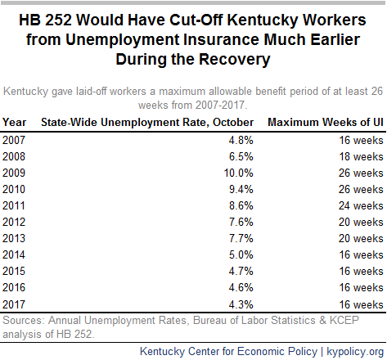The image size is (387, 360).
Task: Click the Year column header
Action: [x=15, y=122]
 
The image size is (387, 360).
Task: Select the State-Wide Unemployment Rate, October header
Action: [x=147, y=123]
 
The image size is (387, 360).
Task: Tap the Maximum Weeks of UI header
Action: [x=326, y=122]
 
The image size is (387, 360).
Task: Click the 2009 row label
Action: [x=14, y=173]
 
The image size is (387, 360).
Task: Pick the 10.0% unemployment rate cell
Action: [x=239, y=173]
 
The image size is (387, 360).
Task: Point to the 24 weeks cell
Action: [x=361, y=205]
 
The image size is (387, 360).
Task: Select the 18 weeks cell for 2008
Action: [x=361, y=156]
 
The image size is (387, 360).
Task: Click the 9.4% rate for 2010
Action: [x=241, y=189]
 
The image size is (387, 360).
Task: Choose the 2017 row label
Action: [x=14, y=304]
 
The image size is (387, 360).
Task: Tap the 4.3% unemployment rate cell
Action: [x=241, y=304]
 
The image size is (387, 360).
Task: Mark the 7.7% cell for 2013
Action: [x=241, y=238]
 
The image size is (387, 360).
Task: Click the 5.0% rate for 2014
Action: [x=241, y=254]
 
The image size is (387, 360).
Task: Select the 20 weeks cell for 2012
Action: [x=361, y=222]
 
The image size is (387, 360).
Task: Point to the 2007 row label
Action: [x=14, y=140]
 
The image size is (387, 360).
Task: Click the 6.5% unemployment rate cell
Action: [x=241, y=156]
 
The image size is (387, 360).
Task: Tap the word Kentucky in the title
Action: [x=263, y=20]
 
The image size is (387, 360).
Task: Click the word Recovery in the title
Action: [x=235, y=60]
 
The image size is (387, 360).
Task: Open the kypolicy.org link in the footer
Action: [x=355, y=352]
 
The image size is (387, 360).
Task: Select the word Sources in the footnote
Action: [x=24, y=320]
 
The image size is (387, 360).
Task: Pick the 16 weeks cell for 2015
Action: [x=361, y=271]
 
